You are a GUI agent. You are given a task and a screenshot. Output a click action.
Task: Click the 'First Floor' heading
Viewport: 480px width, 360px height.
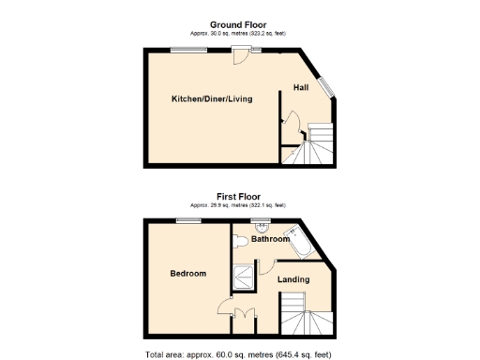[x=239, y=197]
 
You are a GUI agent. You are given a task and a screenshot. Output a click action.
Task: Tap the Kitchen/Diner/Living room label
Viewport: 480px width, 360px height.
[x=211, y=98]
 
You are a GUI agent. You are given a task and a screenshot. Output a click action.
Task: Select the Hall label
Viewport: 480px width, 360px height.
[x=301, y=87]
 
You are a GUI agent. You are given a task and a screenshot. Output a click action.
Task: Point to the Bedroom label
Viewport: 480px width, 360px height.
[x=187, y=274]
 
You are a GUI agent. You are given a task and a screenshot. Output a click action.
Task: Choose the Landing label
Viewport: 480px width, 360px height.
[x=293, y=278]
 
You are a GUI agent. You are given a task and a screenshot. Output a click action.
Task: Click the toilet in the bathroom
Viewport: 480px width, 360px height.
[x=242, y=241]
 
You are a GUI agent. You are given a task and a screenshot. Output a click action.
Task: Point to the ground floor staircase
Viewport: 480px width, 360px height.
[x=310, y=145]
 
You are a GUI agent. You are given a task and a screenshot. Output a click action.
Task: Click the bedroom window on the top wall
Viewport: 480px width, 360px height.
[x=187, y=220]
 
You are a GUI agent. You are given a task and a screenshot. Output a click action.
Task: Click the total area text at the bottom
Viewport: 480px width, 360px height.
[x=239, y=354]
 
